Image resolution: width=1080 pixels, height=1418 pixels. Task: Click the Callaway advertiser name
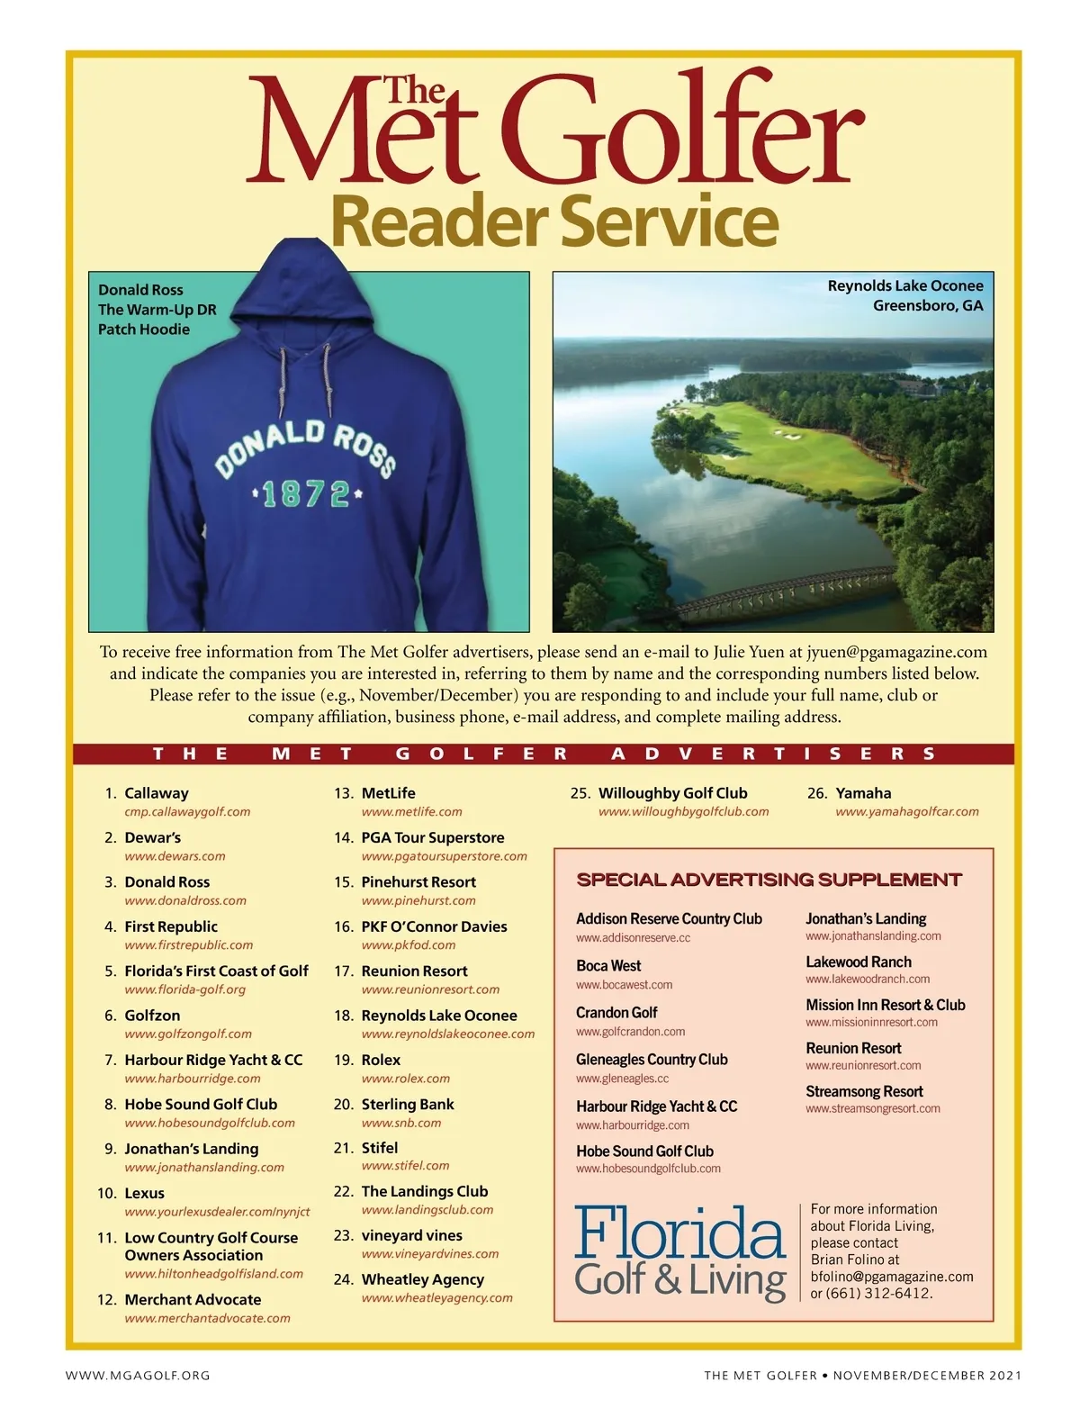[157, 793]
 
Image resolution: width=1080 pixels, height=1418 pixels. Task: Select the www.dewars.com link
[175, 856]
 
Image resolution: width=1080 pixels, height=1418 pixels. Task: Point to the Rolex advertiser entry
[381, 1060]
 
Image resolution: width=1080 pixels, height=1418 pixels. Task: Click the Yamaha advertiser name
[863, 793]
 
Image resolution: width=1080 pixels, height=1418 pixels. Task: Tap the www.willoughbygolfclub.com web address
[683, 811]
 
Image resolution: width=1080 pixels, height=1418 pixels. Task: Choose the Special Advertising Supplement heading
[769, 880]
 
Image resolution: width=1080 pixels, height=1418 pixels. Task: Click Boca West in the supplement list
[608, 965]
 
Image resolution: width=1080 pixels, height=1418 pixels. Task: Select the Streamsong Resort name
[864, 1091]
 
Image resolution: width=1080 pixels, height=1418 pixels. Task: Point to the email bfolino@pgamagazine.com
[891, 1277]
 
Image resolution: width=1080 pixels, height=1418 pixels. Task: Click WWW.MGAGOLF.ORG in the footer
[138, 1375]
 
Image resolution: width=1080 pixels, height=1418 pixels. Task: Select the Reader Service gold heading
[554, 221]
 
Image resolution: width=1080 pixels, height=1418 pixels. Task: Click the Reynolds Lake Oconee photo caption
[905, 295]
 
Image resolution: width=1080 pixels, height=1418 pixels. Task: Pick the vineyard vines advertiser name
[411, 1235]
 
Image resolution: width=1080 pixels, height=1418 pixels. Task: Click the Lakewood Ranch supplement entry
[859, 962]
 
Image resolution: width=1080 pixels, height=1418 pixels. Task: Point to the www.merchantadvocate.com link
[207, 1318]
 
